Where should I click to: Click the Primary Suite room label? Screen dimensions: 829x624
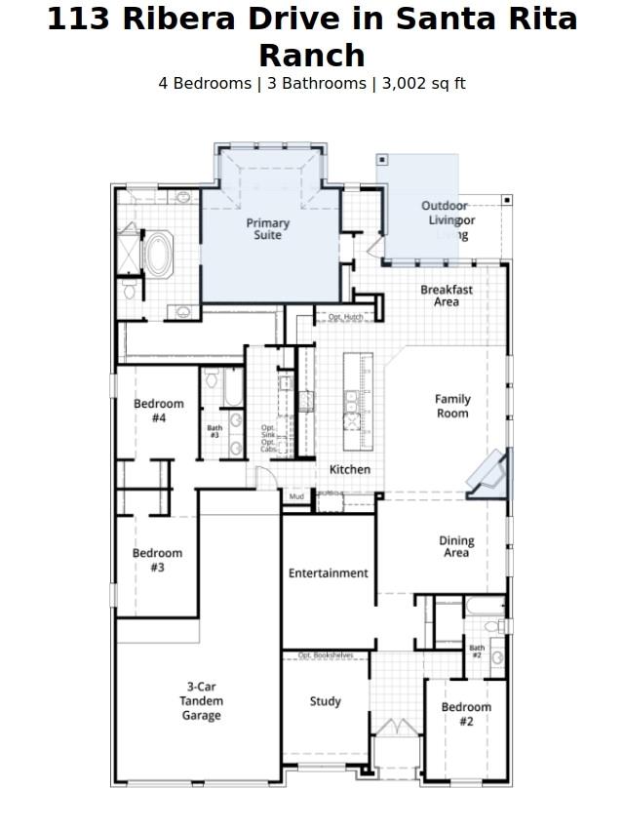tap(267, 229)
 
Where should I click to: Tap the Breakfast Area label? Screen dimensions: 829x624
tap(447, 296)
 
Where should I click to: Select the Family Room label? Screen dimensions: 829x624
tap(451, 406)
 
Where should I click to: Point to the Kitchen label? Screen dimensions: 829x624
tap(349, 470)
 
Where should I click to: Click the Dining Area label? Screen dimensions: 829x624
tap(456, 546)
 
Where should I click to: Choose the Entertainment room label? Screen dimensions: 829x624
tap(328, 573)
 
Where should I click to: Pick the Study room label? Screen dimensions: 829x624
tap(325, 701)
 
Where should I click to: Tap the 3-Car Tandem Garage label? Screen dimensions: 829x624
tap(201, 701)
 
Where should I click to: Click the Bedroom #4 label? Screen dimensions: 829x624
tap(158, 411)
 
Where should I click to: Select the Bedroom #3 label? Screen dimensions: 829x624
tap(157, 560)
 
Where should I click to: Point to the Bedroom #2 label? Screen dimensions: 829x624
tap(465, 714)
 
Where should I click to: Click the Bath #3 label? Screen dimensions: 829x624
tap(214, 430)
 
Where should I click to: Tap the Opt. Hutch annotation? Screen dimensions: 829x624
tap(345, 317)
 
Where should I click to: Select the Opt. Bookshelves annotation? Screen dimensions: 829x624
tap(326, 655)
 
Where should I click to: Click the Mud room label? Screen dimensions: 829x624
tap(296, 497)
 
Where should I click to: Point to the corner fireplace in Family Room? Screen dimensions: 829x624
tap(488, 475)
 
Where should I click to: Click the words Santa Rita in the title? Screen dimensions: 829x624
tap(495, 19)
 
